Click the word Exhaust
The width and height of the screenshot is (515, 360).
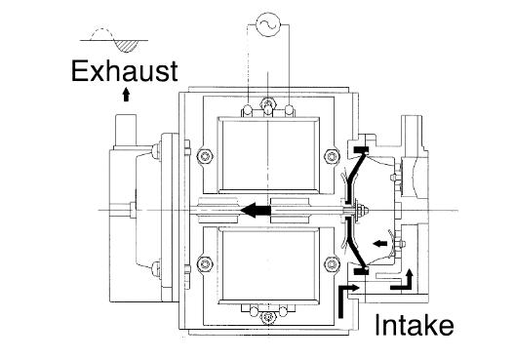(x=125, y=71)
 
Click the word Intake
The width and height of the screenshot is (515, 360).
(x=414, y=325)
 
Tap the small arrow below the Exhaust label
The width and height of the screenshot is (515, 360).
(x=126, y=95)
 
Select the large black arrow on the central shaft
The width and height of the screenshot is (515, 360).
(x=256, y=210)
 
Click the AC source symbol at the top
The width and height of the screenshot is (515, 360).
(x=268, y=24)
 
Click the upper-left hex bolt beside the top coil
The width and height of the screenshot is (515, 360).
(x=205, y=155)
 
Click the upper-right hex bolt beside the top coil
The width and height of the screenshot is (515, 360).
(x=332, y=155)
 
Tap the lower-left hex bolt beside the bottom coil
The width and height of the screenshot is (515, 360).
(x=205, y=264)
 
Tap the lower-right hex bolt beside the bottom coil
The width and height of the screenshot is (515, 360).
(x=332, y=264)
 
